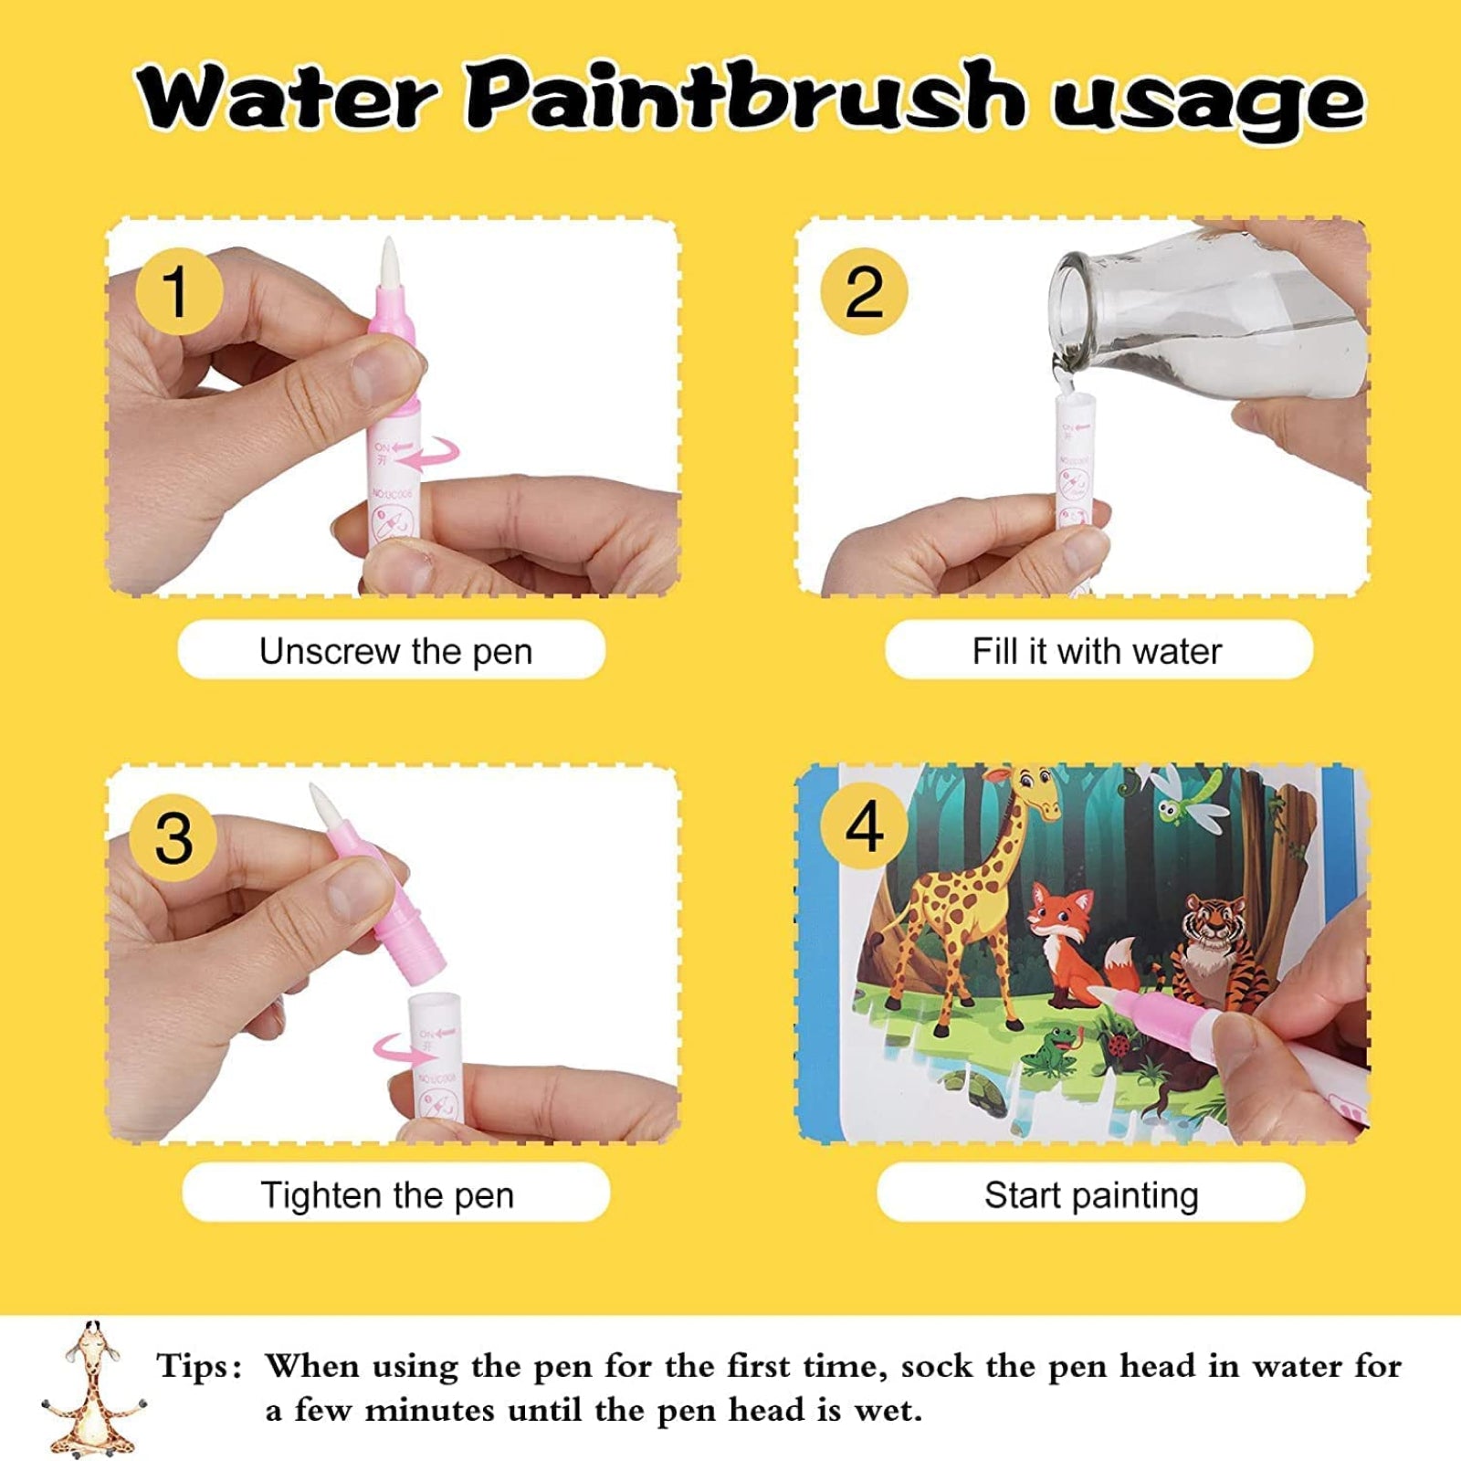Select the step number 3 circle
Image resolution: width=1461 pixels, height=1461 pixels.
[x=173, y=837]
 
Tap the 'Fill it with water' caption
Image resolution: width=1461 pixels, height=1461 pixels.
[x=1098, y=651]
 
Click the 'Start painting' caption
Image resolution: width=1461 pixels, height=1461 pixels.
[x=1091, y=1194]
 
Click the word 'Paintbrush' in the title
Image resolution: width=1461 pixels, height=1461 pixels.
[x=744, y=96]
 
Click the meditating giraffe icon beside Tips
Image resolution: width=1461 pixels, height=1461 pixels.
[x=91, y=1388]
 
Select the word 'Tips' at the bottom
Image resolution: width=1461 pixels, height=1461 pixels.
[x=194, y=1367]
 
